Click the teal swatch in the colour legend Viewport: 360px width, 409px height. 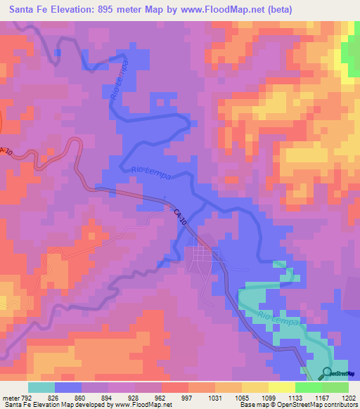point(41,388)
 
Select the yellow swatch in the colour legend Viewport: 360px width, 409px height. point(281,388)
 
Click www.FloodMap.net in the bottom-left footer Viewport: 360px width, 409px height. point(141,405)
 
